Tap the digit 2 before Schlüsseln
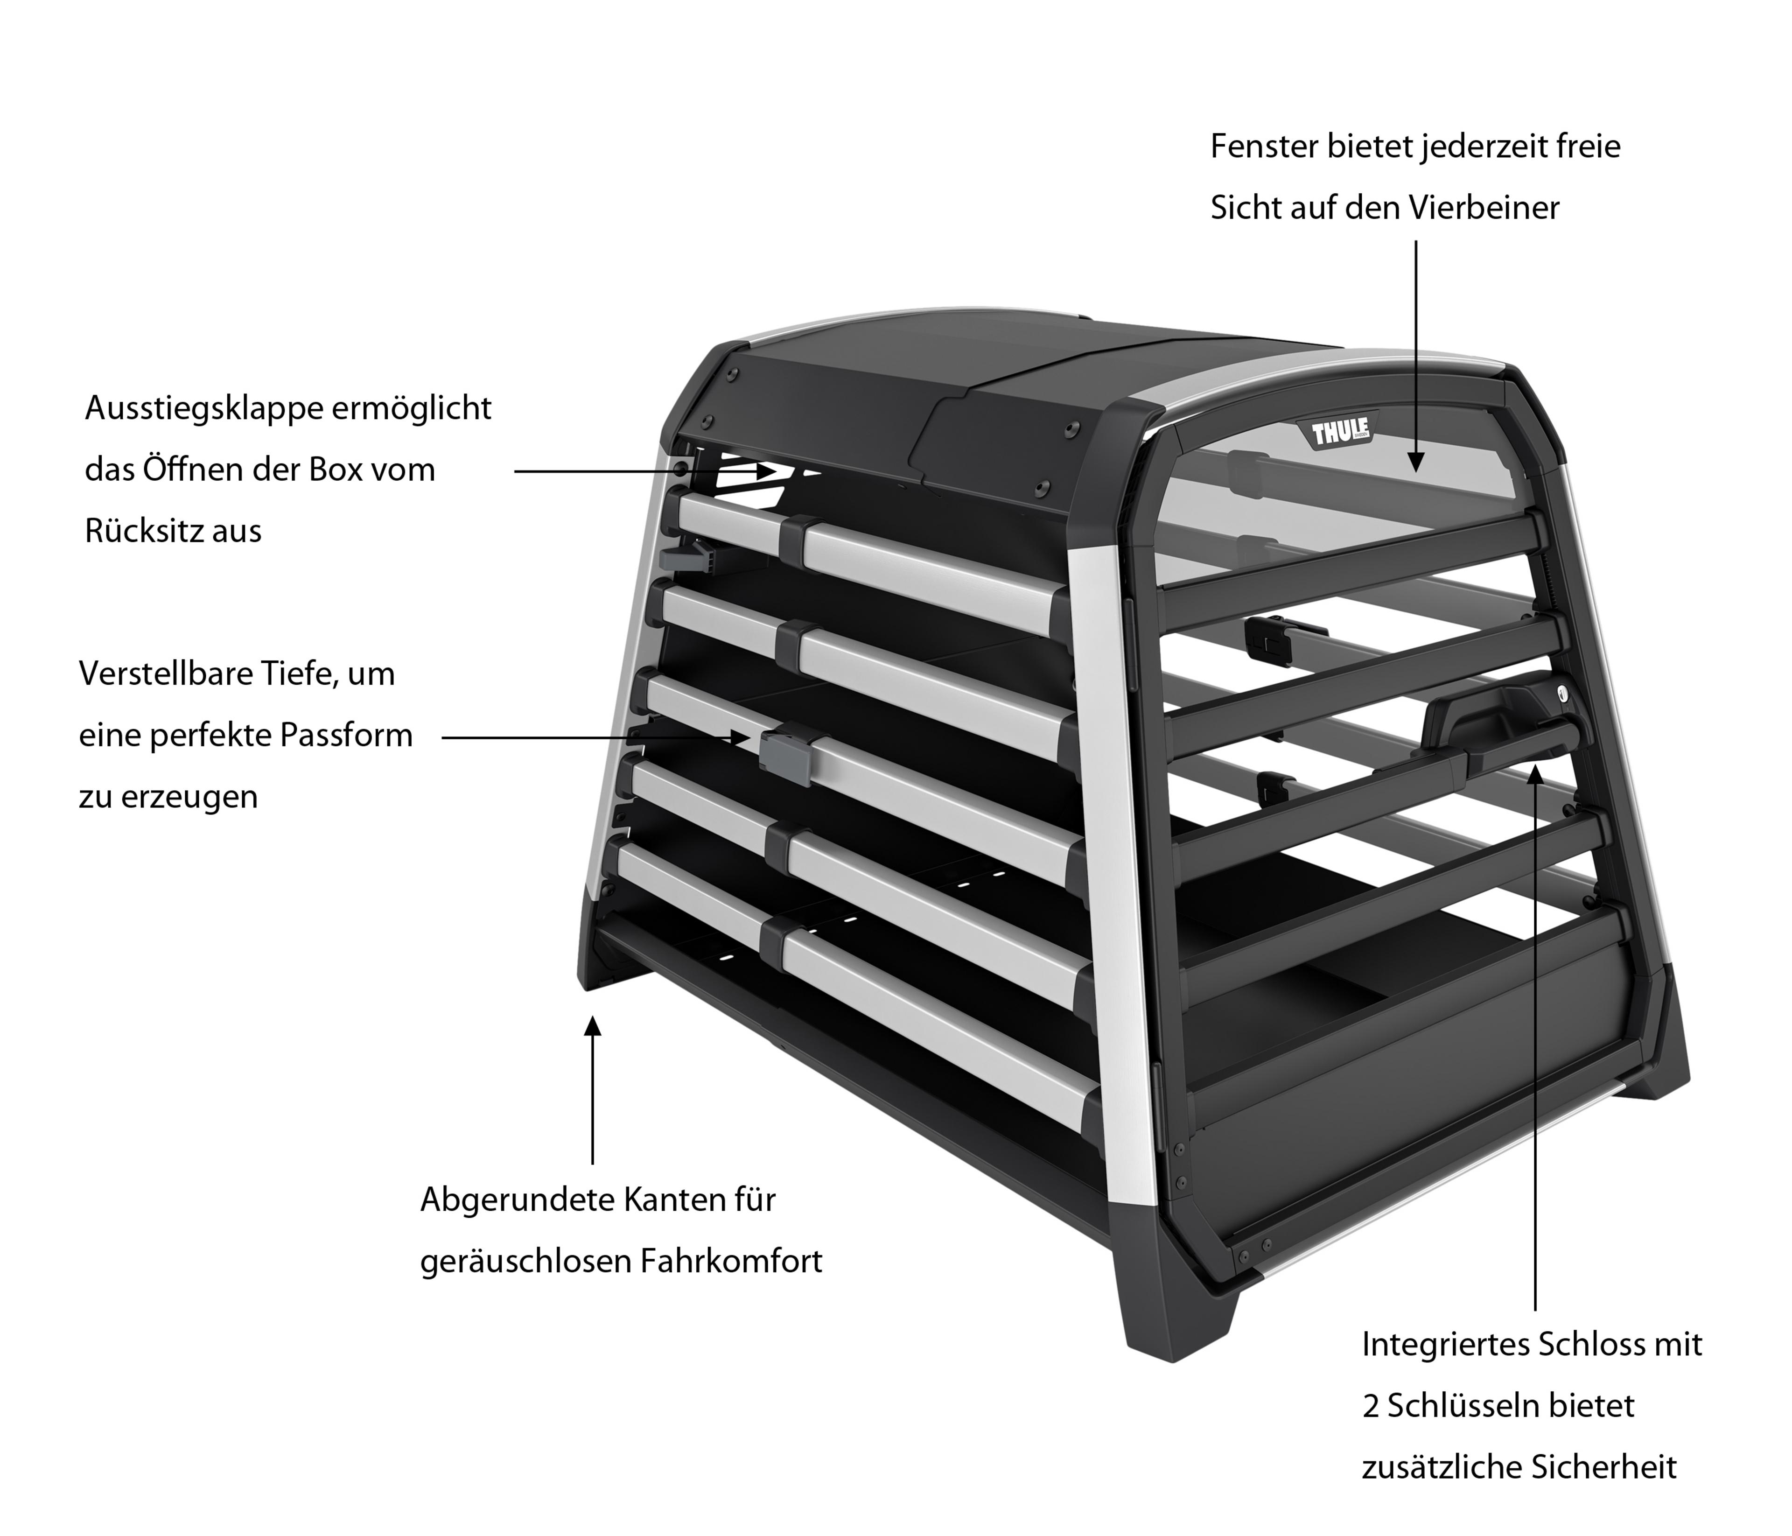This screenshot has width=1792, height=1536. (1371, 1406)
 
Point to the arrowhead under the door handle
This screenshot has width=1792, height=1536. (1535, 772)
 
